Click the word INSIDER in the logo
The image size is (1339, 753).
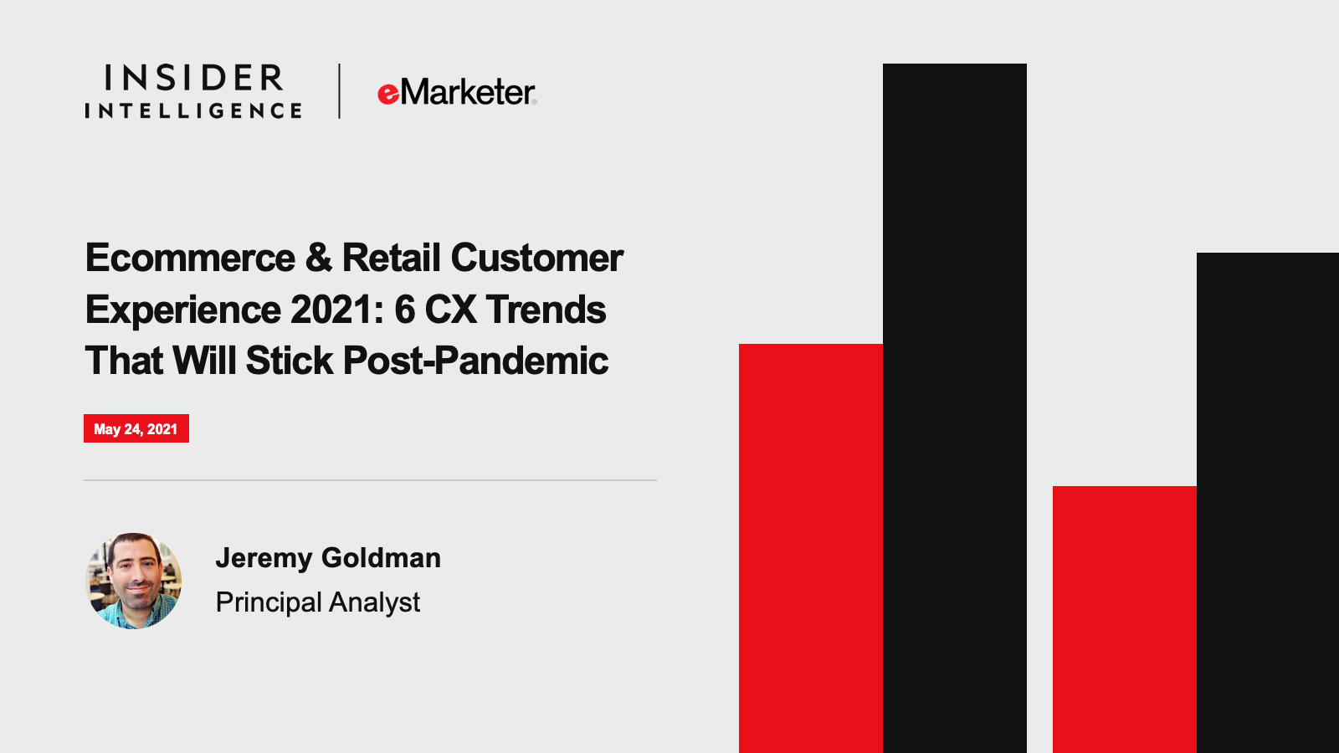(194, 78)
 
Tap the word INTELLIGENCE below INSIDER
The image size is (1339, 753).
(193, 110)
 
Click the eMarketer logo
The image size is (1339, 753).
(457, 92)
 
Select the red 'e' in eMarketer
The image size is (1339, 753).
(388, 95)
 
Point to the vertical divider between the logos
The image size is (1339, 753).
(339, 91)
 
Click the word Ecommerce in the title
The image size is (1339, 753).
(190, 259)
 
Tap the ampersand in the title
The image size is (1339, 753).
(319, 259)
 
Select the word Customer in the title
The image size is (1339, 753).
(536, 259)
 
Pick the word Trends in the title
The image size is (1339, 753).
(546, 310)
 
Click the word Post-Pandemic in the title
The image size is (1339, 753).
(476, 361)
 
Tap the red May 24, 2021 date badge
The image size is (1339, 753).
(136, 428)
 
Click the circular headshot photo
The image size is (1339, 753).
(134, 581)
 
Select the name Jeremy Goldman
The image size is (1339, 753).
(328, 558)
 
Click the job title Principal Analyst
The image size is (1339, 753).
(318, 602)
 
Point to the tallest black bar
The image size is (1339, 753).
(955, 408)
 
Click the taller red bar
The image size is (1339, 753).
(811, 549)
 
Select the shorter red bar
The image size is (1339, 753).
(1125, 620)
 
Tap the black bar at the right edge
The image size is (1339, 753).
(1268, 503)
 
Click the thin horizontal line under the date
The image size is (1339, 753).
(370, 480)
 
